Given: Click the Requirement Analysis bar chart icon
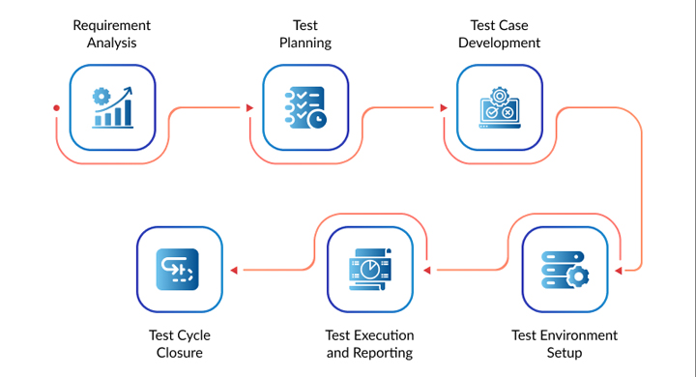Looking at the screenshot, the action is click(112, 107).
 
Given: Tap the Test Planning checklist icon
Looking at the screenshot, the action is click(305, 107).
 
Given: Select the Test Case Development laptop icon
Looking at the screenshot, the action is click(500, 107).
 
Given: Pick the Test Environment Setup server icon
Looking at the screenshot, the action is click(565, 270).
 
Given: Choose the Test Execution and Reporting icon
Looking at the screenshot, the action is click(369, 270).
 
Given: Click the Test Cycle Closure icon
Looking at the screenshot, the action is click(178, 270).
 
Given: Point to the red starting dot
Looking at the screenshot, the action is click(56, 108).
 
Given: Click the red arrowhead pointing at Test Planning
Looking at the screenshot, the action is click(250, 108).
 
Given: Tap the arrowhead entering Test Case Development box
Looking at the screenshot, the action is click(444, 108).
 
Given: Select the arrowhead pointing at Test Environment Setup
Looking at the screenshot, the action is click(619, 271).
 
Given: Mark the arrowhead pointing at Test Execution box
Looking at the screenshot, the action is click(427, 270).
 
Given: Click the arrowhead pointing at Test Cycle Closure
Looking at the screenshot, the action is click(234, 270).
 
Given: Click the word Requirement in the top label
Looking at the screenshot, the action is click(112, 26).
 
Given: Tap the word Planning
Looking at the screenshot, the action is click(305, 43).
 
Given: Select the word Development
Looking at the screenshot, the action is click(500, 43).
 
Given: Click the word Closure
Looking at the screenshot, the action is click(180, 353).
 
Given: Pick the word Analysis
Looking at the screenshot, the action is click(112, 43).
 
